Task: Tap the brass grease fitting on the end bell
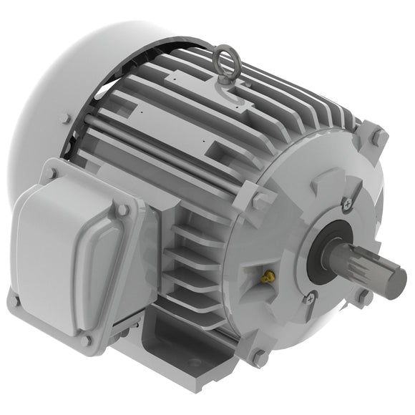pos(268,275)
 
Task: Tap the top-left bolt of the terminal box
pos(49,172)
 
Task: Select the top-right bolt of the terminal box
pos(122,210)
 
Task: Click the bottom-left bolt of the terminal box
pos(13,301)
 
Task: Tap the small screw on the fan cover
pos(65,119)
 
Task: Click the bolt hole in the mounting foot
pos(194,363)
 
